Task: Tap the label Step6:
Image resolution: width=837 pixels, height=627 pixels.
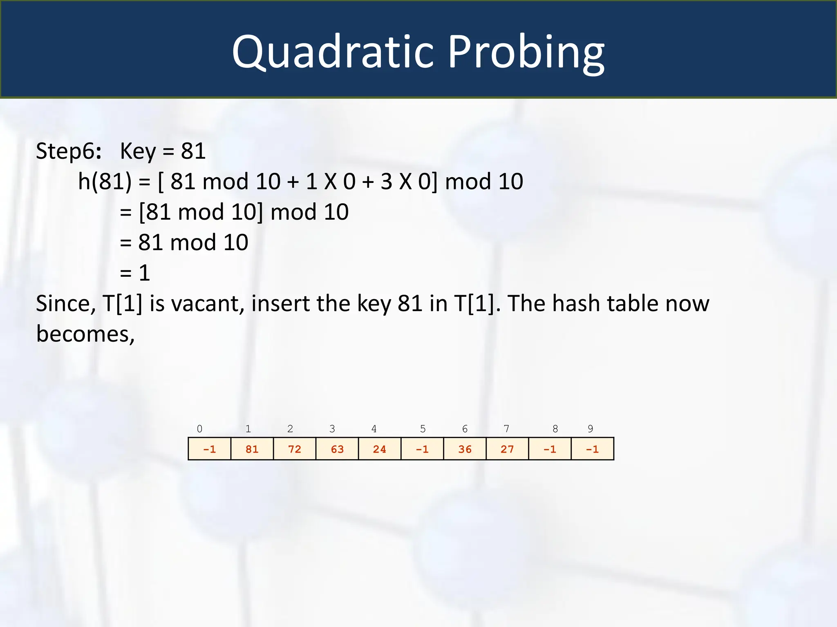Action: (x=69, y=151)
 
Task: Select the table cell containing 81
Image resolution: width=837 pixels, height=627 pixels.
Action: (x=252, y=449)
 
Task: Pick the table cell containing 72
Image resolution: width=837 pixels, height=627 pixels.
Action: (x=295, y=449)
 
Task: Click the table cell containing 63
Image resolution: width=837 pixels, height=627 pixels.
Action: (x=337, y=449)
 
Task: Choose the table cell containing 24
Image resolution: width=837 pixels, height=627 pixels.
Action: (x=380, y=449)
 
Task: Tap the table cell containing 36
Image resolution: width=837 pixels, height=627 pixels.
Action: (x=465, y=449)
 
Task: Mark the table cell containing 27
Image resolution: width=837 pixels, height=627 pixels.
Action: (x=507, y=449)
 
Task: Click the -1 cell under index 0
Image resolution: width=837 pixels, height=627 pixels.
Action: (x=210, y=449)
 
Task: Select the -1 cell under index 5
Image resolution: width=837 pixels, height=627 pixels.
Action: (x=422, y=449)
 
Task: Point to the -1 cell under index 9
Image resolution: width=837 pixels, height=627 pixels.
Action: (x=592, y=449)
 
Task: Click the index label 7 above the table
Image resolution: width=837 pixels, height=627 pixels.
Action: (x=506, y=429)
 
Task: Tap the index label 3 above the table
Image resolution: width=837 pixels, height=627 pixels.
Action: (x=332, y=429)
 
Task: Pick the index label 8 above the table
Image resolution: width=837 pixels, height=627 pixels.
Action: (x=555, y=429)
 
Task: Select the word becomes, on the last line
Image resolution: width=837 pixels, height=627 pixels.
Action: (x=85, y=334)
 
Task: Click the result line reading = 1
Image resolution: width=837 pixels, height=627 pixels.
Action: (x=135, y=273)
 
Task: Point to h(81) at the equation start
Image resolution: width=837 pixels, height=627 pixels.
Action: (x=105, y=182)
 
